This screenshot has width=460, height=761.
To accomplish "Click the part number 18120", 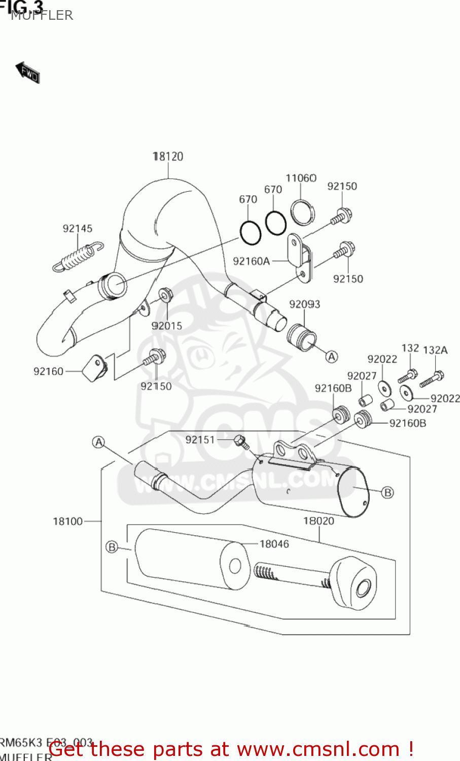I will point(168,156).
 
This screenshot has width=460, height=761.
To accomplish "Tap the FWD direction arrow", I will point(27,73).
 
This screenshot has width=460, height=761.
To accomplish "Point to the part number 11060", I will point(301,178).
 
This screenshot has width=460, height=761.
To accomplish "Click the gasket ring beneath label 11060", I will point(302,212).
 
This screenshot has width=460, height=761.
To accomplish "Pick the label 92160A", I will point(251,261).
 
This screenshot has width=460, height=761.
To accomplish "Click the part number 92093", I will point(304,304).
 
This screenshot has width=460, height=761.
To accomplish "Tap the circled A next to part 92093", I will point(331,357).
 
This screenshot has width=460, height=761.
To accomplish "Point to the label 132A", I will point(435,350).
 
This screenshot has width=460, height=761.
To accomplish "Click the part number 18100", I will point(67,521).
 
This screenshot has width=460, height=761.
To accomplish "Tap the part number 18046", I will point(274,544).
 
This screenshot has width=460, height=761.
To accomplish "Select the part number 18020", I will point(319,521).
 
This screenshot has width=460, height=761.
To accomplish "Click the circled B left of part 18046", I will point(112,547).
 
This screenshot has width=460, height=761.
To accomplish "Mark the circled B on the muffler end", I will point(387,492).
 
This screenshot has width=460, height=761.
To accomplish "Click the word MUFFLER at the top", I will point(42,16).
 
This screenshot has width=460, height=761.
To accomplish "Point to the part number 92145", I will point(78,228).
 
